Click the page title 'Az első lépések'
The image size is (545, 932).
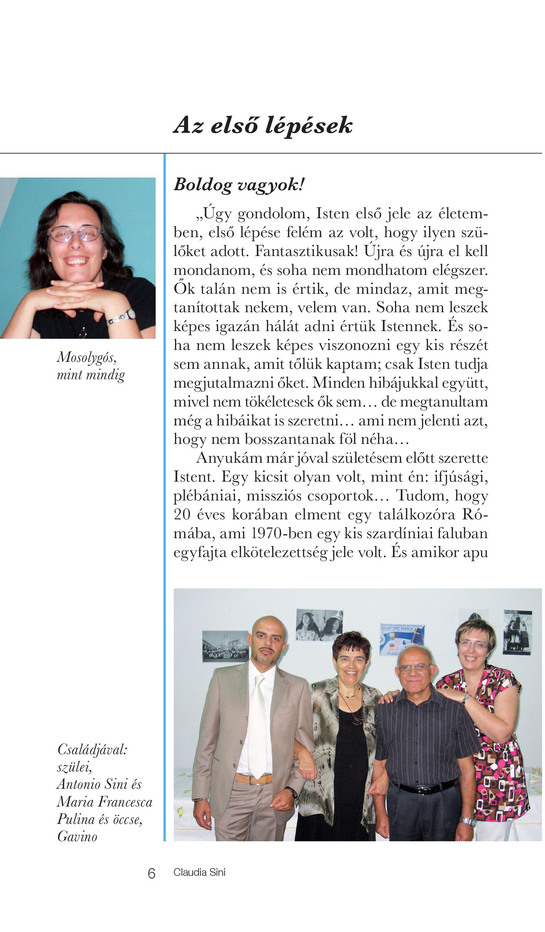click(263, 125)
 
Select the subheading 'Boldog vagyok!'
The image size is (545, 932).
click(239, 185)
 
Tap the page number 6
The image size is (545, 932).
click(152, 873)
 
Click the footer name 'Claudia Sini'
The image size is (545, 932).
click(199, 873)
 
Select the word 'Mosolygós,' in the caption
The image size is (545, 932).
click(87, 358)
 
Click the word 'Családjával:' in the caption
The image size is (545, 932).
click(92, 750)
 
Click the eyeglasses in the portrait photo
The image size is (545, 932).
click(75, 234)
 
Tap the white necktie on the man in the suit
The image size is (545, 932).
click(257, 728)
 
